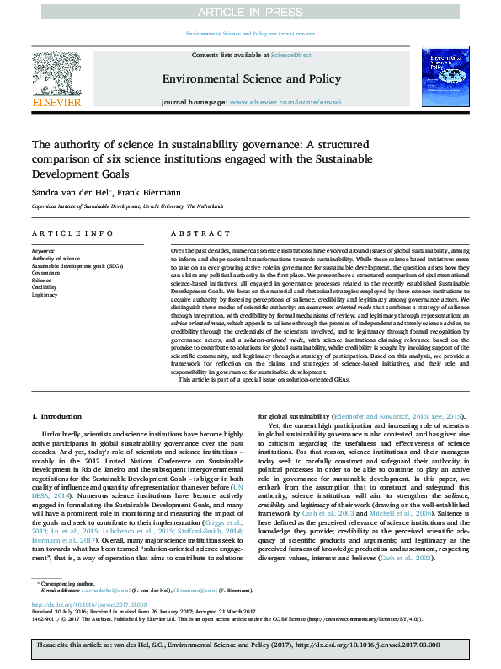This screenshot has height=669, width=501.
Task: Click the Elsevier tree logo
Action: tap(56, 76)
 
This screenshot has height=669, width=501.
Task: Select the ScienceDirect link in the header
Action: tap(290, 55)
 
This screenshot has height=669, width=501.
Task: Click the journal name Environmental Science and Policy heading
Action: tap(251, 78)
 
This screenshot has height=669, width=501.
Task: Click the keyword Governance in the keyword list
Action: tap(45, 272)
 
